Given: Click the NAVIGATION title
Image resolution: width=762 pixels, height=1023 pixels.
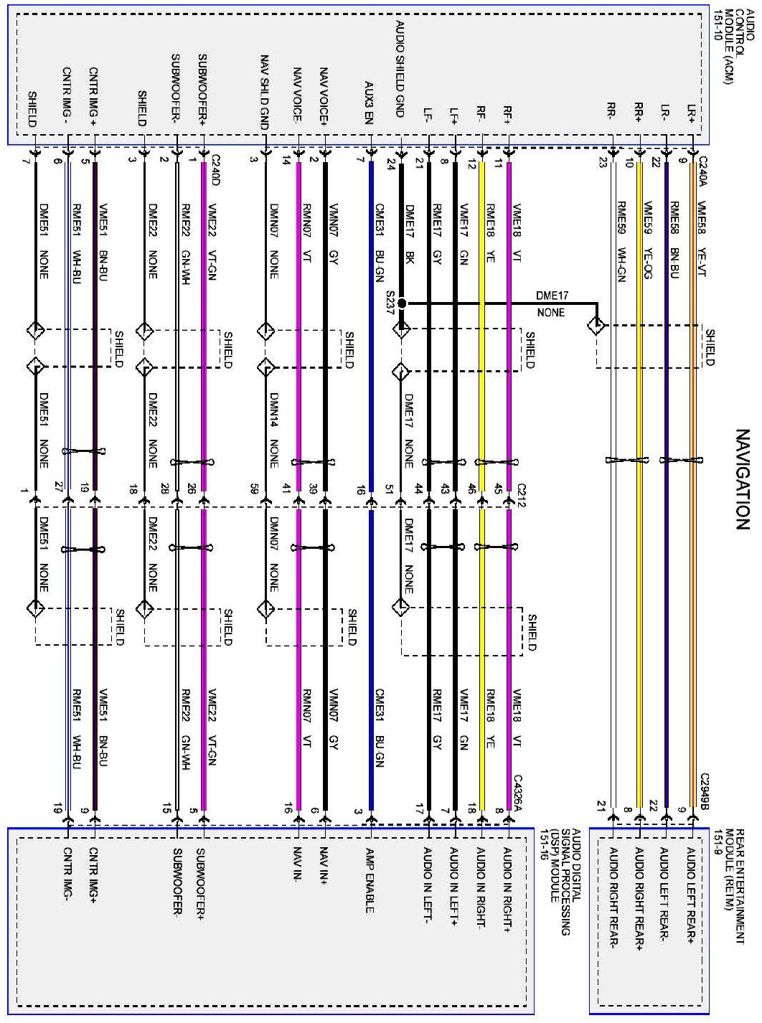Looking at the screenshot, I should pos(743,479).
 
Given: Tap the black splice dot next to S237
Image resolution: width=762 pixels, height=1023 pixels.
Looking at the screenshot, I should pos(402,303).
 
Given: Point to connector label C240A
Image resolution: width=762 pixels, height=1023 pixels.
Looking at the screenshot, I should pos(702,171).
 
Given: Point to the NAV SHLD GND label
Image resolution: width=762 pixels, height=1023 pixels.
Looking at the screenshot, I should pos(265,87).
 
